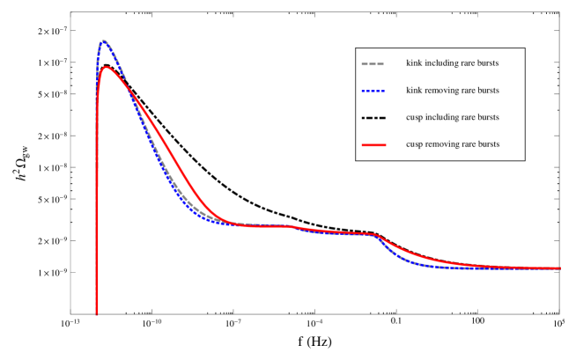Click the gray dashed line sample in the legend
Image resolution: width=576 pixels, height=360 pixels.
(373, 63)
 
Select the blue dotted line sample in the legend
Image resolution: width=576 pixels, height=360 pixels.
(373, 91)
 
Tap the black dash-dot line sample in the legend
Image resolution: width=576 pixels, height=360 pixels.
(373, 118)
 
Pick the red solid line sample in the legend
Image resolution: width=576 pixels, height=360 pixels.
(373, 144)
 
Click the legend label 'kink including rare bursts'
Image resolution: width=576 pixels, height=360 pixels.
(452, 63)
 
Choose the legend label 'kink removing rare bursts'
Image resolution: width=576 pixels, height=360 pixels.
(452, 91)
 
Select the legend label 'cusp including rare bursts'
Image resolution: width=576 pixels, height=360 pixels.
(452, 118)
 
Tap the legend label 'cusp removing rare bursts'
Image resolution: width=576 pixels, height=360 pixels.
(452, 144)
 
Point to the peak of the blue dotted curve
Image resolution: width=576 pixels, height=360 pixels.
(104, 40)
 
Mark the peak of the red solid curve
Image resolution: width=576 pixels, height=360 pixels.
(106, 67)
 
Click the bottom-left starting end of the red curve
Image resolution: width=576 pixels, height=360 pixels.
(97, 312)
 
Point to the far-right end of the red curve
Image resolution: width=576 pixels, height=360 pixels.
(560, 268)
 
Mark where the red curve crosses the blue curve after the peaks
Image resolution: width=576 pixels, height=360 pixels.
(129, 85)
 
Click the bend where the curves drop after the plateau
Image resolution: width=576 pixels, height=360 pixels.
(377, 236)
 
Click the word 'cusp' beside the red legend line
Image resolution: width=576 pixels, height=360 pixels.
(414, 144)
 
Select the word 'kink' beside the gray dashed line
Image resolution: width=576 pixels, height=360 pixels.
(414, 63)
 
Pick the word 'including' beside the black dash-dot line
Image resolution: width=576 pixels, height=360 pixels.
(441, 118)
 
